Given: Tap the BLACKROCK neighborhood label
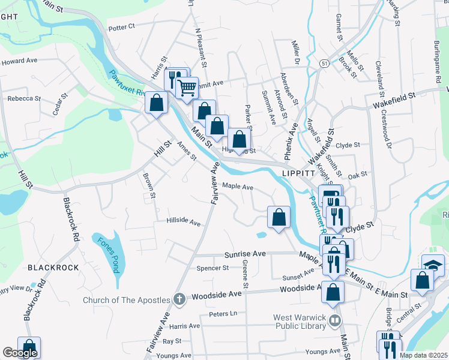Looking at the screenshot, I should [53, 267].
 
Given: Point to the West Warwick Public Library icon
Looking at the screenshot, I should [335, 322].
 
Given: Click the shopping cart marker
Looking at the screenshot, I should [187, 88].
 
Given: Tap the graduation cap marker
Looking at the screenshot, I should [433, 265].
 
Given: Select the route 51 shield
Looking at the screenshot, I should [324, 63].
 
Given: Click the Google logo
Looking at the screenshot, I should [20, 353].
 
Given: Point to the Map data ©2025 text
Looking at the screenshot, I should [423, 355].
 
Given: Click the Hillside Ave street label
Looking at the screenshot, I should [184, 223].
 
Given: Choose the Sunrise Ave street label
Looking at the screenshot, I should [244, 254].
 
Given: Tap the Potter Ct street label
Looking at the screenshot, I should [122, 28].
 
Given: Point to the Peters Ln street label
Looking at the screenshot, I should [223, 314].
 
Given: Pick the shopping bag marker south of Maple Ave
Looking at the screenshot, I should [279, 217].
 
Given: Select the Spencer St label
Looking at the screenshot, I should [213, 268].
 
